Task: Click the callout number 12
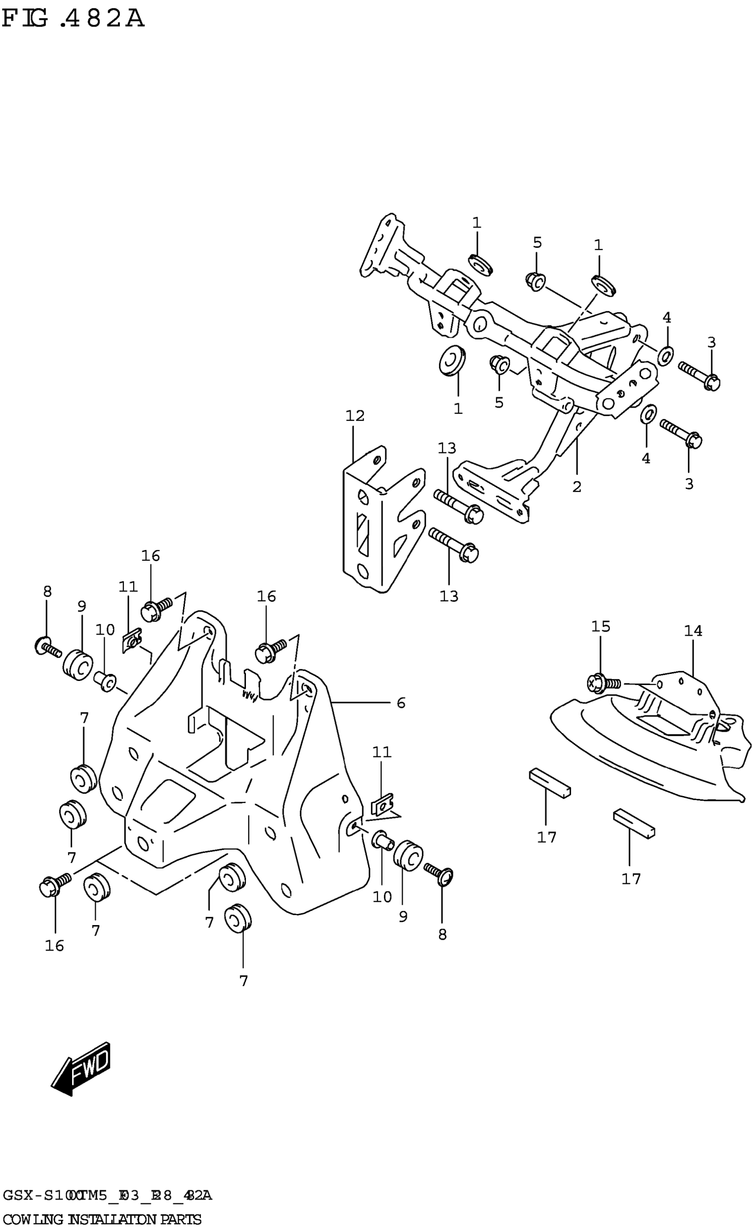pos(355,416)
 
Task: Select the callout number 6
pos(401,703)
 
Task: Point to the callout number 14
pos(693,631)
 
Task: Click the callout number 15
pos(600,627)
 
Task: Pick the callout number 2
pos(576,486)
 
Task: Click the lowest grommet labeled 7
pos(238,917)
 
